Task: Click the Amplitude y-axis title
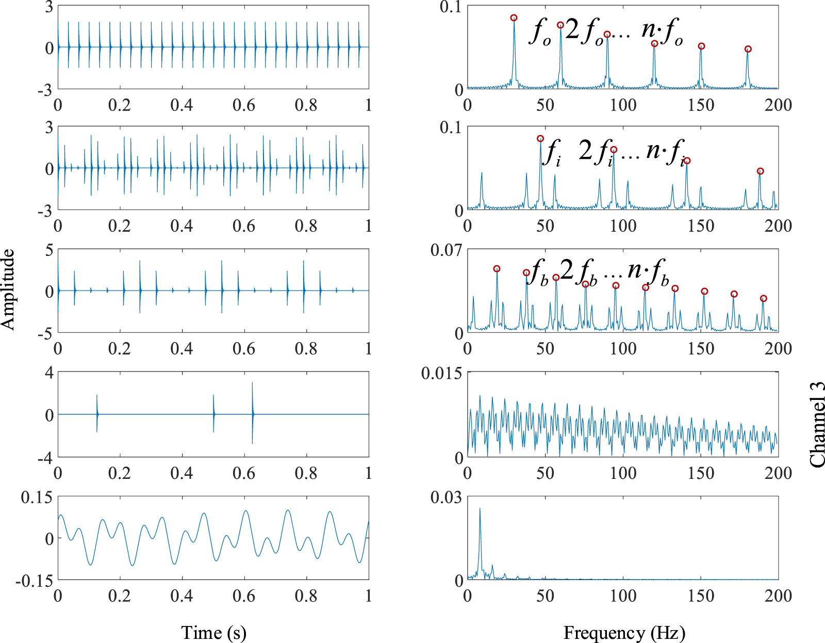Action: [x=8, y=290]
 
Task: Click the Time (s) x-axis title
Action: [x=213, y=633]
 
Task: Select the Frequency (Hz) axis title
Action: [x=624, y=633]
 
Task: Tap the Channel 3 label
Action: [x=817, y=425]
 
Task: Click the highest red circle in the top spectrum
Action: [x=514, y=18]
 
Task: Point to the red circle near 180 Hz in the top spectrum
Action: [x=748, y=50]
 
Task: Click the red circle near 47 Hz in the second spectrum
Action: [x=540, y=139]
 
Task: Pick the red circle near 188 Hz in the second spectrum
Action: [x=760, y=171]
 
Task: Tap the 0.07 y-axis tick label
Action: [x=446, y=251]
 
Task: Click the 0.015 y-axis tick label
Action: [x=441, y=374]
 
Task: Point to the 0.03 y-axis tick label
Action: [x=446, y=497]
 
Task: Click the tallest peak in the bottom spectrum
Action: [x=480, y=509]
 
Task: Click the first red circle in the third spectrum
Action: [x=497, y=269]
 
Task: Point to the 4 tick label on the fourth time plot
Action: [x=49, y=373]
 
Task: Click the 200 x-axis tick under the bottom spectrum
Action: [x=778, y=596]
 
